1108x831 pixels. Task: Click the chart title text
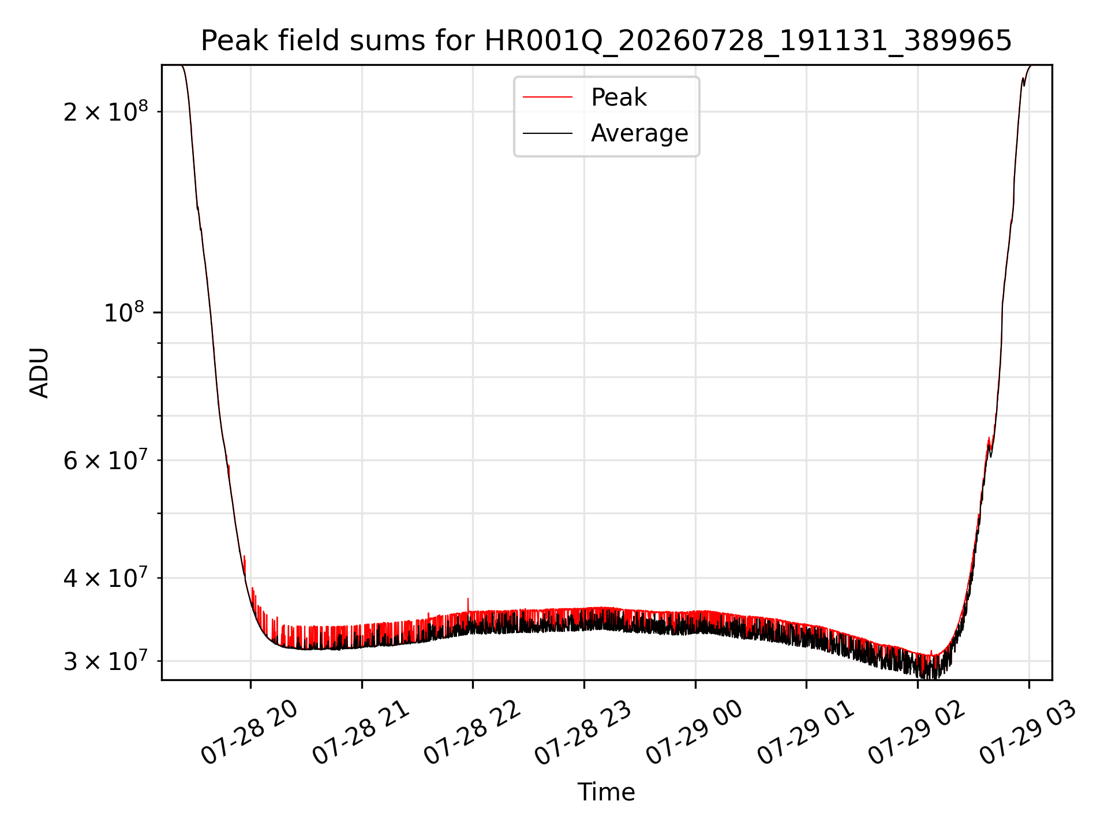point(607,41)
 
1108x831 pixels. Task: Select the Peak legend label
point(619,97)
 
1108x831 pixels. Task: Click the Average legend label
point(639,133)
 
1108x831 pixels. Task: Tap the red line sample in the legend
point(548,98)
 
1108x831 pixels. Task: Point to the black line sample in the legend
point(548,133)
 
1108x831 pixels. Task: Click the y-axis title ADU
point(39,373)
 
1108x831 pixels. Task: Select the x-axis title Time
point(607,792)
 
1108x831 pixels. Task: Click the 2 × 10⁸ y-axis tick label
point(106,111)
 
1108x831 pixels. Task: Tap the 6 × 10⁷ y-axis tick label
point(106,460)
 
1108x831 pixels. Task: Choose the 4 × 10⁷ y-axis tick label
point(106,577)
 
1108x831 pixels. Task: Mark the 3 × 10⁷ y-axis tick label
point(106,661)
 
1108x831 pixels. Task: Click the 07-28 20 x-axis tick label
point(249,733)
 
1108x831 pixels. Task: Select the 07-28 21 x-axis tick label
point(361,733)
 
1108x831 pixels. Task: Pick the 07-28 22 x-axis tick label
point(472,733)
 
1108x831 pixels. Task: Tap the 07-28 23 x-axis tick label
point(583,733)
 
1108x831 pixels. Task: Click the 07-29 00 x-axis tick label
point(694,733)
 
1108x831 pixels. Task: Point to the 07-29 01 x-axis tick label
point(806,733)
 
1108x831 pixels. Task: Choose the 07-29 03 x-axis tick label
point(1028,733)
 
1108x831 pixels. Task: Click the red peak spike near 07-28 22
point(468,605)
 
